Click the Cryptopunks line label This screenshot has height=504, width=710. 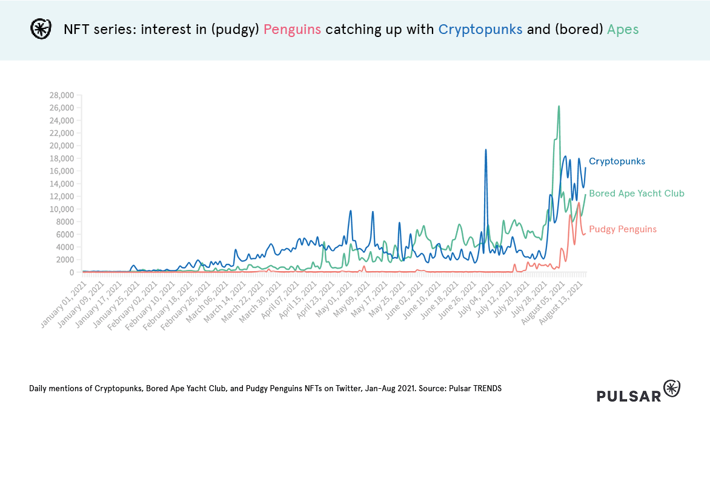click(617, 161)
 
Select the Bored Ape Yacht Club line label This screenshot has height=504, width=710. click(636, 193)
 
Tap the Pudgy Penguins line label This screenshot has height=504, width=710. click(622, 229)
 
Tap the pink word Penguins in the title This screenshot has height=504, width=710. click(292, 29)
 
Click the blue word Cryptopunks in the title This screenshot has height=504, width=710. click(480, 29)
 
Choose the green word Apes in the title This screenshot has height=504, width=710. click(622, 29)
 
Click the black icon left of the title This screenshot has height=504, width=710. click(41, 29)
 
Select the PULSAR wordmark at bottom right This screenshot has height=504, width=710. click(629, 396)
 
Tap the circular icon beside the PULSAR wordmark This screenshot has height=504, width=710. click(672, 388)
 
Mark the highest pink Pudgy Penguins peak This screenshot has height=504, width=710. click(579, 203)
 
